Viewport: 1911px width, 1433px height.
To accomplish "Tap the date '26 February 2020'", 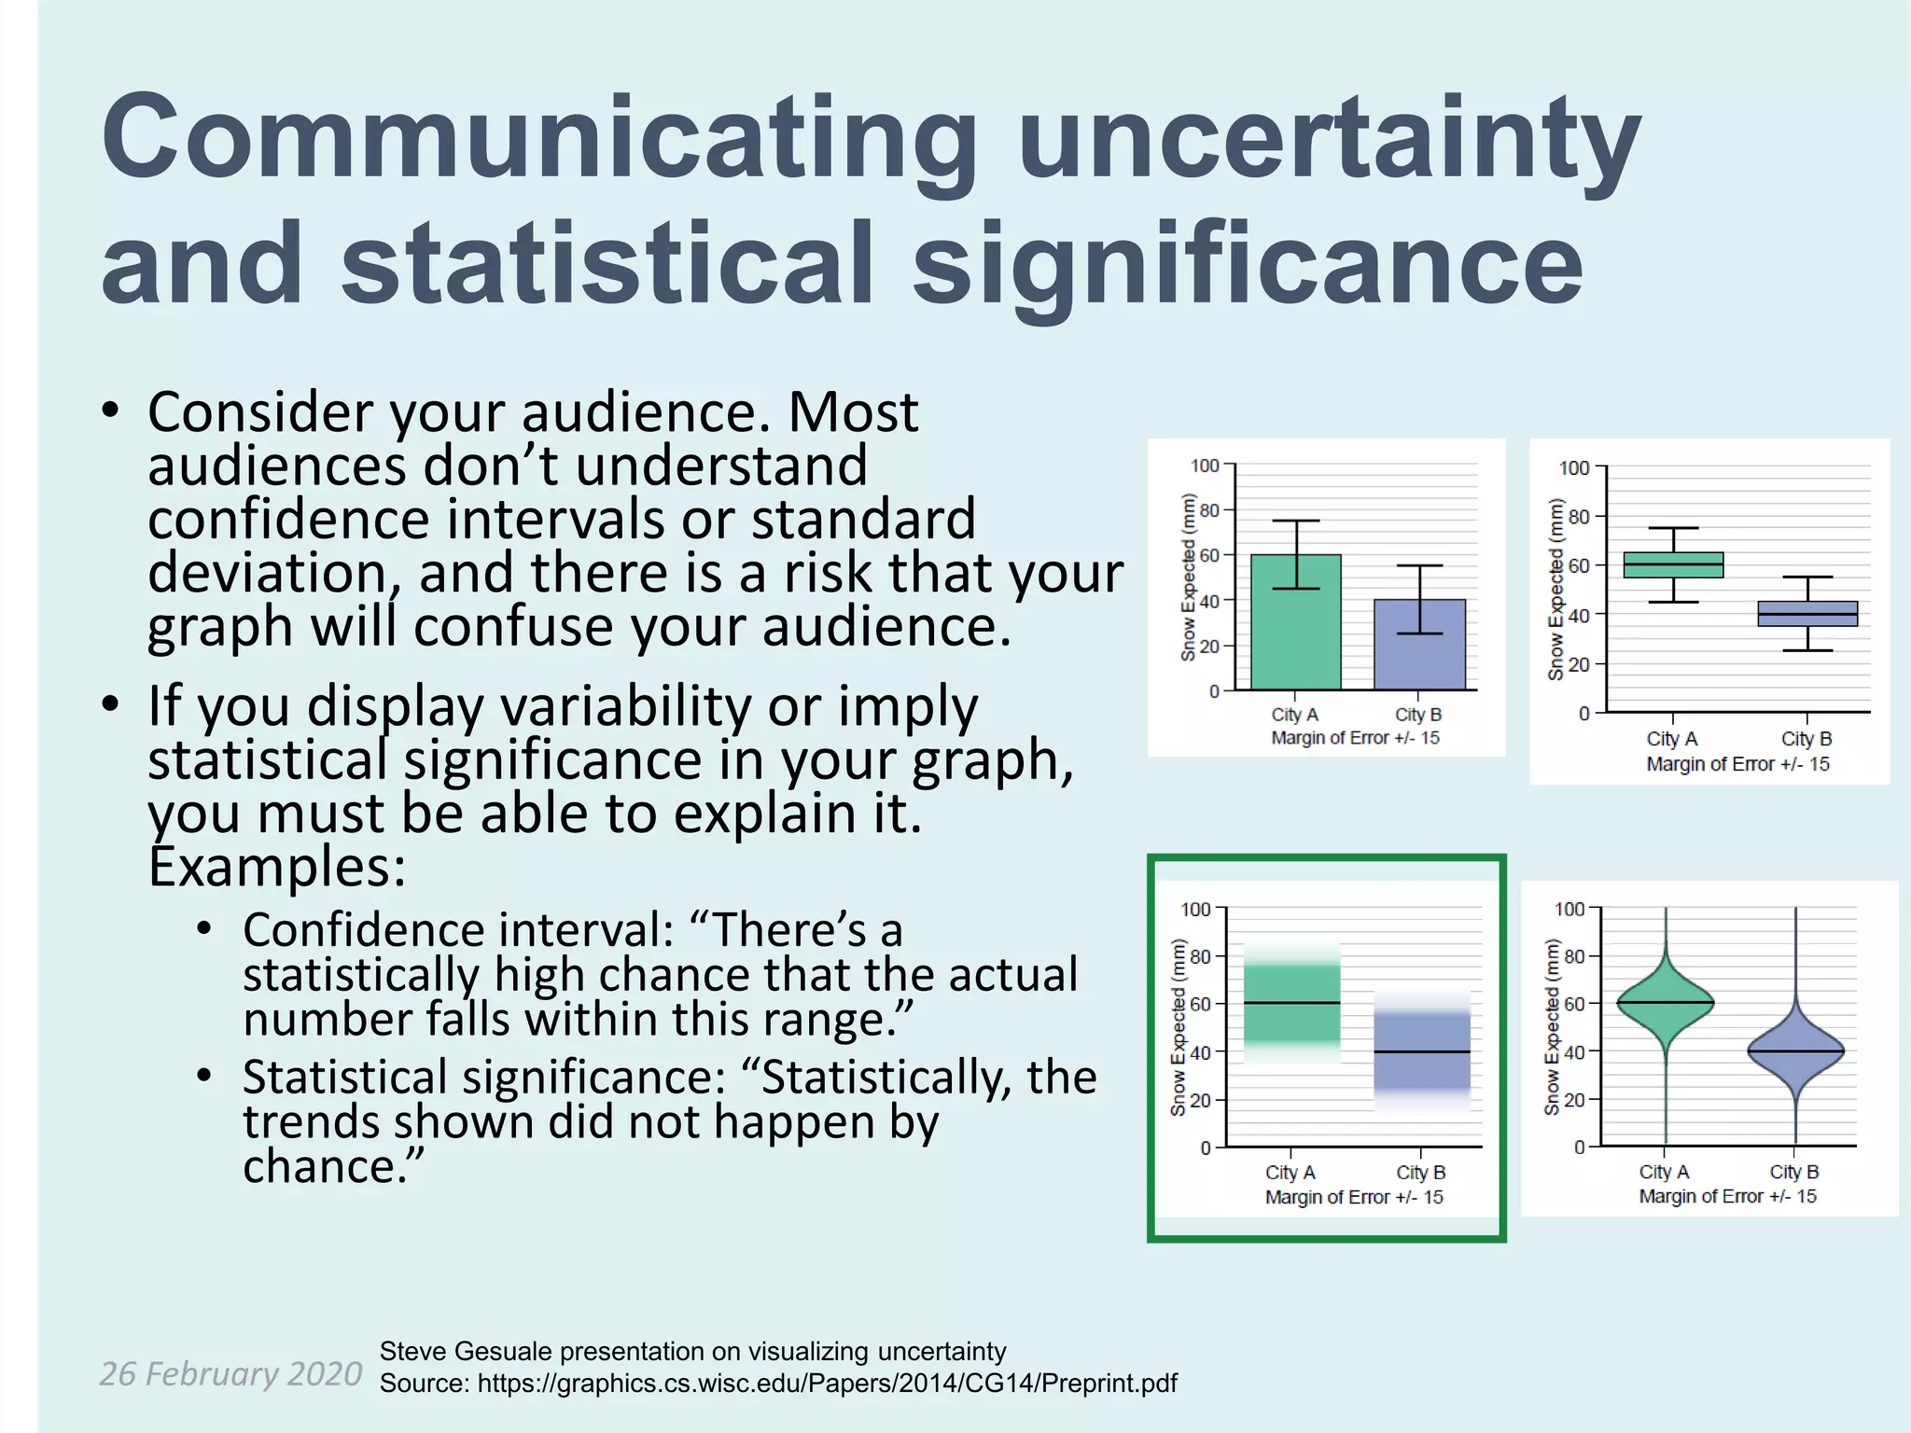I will pyautogui.click(x=230, y=1373).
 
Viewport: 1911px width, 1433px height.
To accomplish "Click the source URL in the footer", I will pyautogui.click(x=827, y=1383).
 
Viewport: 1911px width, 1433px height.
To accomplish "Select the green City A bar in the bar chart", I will pyautogui.click(x=1295, y=634).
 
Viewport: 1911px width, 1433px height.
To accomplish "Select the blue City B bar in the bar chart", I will pyautogui.click(x=1419, y=653).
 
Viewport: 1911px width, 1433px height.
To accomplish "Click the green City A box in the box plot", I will pyautogui.click(x=1673, y=564).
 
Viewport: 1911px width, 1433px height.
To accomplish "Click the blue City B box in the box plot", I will pyautogui.click(x=1807, y=614).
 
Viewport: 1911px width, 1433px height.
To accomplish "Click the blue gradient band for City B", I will pyautogui.click(x=1421, y=1052).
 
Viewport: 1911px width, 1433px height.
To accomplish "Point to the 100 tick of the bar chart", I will pyautogui.click(x=1205, y=466).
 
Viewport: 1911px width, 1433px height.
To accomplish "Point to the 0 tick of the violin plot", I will pyautogui.click(x=1579, y=1147).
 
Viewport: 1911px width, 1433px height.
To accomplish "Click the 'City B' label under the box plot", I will pyautogui.click(x=1806, y=739).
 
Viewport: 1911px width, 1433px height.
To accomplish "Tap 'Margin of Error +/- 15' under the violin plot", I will pyautogui.click(x=1727, y=1196).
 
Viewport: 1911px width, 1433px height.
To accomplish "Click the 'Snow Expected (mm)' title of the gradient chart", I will pyautogui.click(x=1178, y=1027).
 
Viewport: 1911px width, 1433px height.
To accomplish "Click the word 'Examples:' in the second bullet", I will pyautogui.click(x=277, y=867).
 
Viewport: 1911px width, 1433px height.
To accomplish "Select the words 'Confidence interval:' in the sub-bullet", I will pyautogui.click(x=458, y=930).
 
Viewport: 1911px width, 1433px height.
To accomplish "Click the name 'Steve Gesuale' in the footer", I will pyautogui.click(x=466, y=1351).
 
